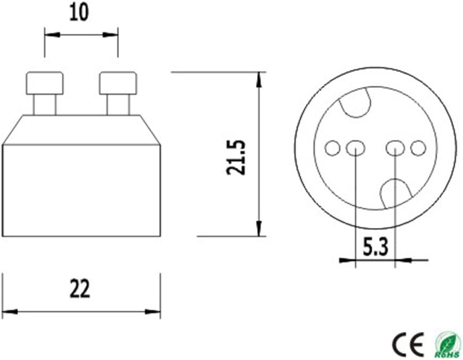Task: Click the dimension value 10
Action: tap(79, 12)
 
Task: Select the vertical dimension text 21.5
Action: tap(236, 157)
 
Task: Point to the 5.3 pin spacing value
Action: tap(375, 247)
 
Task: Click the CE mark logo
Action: tap(408, 344)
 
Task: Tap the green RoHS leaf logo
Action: tap(448, 344)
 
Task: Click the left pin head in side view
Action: tap(44, 83)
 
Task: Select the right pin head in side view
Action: tap(118, 83)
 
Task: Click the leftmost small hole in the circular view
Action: tap(332, 147)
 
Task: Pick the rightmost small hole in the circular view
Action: tap(419, 147)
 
